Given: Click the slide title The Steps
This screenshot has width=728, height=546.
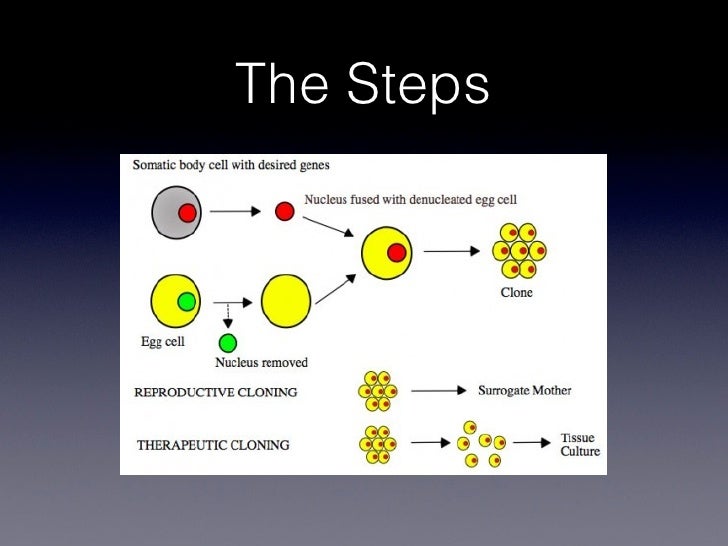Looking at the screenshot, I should (363, 84).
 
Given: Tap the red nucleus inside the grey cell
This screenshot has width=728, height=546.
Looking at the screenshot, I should (187, 212).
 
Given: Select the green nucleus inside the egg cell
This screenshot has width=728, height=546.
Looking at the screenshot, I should (186, 301).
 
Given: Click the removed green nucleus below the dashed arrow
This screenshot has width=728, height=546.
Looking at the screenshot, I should (228, 343).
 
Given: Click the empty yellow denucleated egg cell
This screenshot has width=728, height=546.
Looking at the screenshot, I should (285, 301).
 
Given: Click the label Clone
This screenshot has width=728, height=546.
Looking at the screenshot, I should (516, 293).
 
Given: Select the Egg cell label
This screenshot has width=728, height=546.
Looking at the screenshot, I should (158, 341).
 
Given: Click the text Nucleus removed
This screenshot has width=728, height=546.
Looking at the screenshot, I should (261, 362).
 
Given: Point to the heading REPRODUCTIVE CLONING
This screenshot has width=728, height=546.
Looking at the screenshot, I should (215, 392).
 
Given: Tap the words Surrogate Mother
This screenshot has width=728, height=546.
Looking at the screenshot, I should (524, 391).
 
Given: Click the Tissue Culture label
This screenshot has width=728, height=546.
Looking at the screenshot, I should (580, 445).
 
